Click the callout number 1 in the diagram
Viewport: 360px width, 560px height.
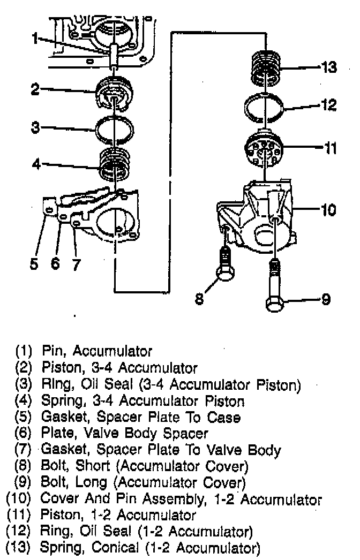point(34,39)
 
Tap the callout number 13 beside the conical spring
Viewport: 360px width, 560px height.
point(328,68)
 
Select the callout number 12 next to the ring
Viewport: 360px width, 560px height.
point(329,105)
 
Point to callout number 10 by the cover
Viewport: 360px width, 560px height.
point(328,209)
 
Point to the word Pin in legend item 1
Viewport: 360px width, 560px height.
point(53,351)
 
